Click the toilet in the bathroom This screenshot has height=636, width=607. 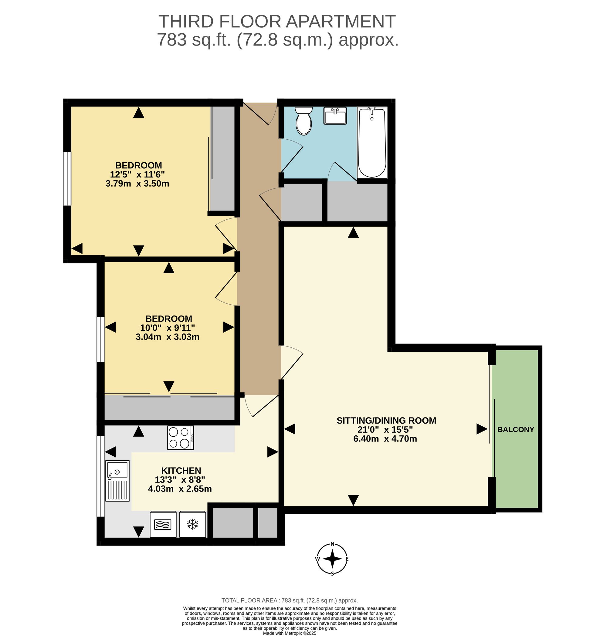pos(303,121)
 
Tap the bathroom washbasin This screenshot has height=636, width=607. pos(335,116)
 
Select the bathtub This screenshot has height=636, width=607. pos(372,143)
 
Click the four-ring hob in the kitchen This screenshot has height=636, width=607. pos(181,438)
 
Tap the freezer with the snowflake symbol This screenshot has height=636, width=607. pos(193,524)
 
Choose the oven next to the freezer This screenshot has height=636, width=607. pos(163,524)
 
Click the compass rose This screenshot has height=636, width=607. pos(332,559)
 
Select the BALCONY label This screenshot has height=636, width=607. pos(516,430)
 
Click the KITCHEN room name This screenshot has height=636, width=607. pos(181,471)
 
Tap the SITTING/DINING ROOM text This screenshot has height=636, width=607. pos(386,421)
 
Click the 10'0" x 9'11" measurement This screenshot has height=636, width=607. pos(168,328)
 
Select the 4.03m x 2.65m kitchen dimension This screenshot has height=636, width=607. pos(180,489)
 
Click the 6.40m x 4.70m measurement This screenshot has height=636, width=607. pos(385,439)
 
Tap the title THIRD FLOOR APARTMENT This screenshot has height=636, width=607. pos(277,21)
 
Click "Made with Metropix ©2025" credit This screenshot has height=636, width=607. pos(290,633)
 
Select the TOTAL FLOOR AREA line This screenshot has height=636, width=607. pos(290,600)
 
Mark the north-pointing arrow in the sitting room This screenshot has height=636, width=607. pos(353,233)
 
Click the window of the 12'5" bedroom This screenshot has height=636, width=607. pos(67,179)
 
